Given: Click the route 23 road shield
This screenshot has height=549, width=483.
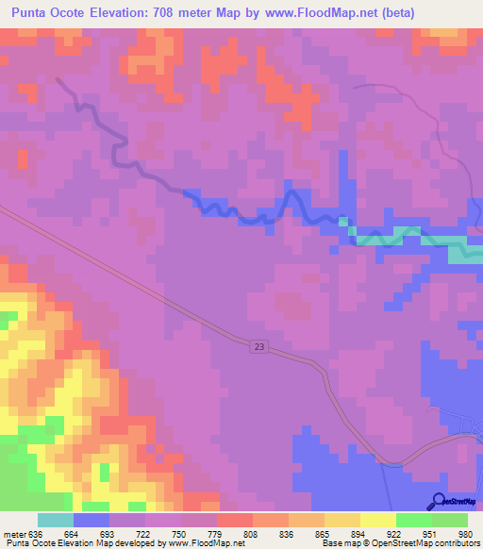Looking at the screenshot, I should point(260,347).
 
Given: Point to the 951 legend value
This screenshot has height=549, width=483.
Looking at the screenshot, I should point(432,533).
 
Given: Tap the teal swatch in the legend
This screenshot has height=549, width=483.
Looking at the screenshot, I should point(56,520).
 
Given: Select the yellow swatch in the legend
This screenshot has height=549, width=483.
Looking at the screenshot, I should point(378,520).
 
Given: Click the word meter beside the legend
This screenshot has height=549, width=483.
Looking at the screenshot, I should point(13,533).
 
